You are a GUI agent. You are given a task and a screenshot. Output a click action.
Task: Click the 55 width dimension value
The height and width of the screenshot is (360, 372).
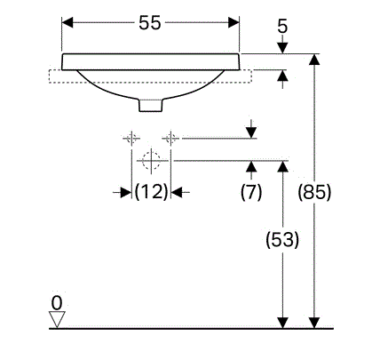[150, 23]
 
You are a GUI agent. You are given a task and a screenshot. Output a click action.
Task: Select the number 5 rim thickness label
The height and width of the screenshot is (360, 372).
[282, 26]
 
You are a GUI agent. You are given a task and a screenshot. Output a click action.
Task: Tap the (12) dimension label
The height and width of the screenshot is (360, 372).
[151, 192]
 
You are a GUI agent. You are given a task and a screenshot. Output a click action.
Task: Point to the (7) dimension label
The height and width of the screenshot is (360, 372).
[251, 192]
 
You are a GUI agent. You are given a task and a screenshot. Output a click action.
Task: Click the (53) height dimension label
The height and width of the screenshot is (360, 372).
[282, 239]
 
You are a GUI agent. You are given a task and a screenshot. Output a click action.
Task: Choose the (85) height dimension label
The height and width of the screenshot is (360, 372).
[314, 192]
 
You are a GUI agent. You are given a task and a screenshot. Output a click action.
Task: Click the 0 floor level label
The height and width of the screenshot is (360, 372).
[57, 303]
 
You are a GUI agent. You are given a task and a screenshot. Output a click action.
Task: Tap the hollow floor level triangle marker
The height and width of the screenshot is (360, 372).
[57, 319]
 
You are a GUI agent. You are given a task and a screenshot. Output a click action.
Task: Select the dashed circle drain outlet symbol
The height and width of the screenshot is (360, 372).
[151, 160]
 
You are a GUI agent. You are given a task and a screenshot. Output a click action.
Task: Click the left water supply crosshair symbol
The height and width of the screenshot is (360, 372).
[131, 138]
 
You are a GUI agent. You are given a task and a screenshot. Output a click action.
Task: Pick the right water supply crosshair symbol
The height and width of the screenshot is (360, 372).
[170, 138]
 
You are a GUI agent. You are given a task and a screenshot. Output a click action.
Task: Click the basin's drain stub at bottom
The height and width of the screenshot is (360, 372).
[151, 106]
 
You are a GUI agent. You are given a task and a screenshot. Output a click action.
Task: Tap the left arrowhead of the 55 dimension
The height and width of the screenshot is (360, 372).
[67, 22]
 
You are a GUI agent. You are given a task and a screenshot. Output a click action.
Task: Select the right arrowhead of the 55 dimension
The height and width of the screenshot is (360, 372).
[233, 22]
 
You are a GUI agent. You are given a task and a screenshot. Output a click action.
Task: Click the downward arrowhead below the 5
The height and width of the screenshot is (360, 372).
[282, 48]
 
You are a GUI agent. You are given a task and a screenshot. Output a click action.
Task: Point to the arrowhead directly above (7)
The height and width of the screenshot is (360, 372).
[251, 166]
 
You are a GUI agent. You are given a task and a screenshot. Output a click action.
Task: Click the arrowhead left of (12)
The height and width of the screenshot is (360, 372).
[126, 193]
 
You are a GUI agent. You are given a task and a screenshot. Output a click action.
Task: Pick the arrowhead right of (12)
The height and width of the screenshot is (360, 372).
[177, 193]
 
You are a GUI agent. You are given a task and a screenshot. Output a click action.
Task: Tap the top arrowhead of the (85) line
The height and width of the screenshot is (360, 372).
[314, 60]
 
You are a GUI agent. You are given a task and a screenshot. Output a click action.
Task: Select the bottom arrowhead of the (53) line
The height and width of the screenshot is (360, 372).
[282, 323]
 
